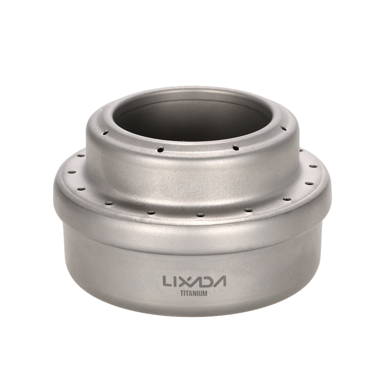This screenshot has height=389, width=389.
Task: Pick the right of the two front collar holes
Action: (236, 147)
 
